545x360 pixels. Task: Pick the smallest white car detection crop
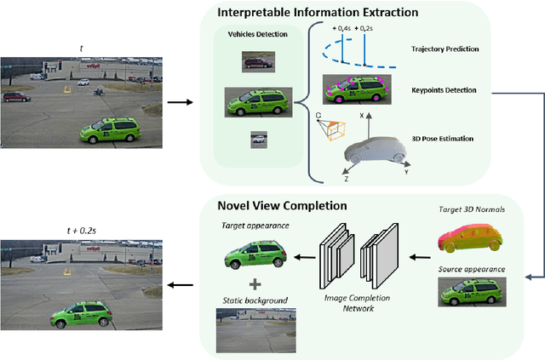[x=257, y=139]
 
